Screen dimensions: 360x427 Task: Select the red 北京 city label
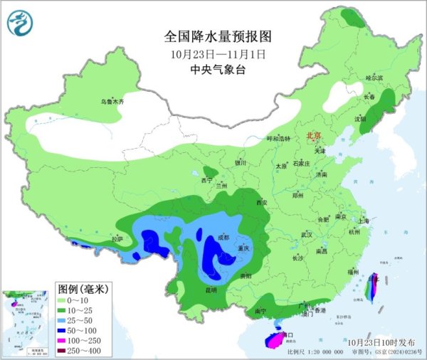[313, 135]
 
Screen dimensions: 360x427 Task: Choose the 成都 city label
[223, 238]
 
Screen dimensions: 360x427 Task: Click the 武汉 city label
[307, 233]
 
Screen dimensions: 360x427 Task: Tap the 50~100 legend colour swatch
[65, 331]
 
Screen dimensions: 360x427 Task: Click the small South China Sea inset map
[27, 320]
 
